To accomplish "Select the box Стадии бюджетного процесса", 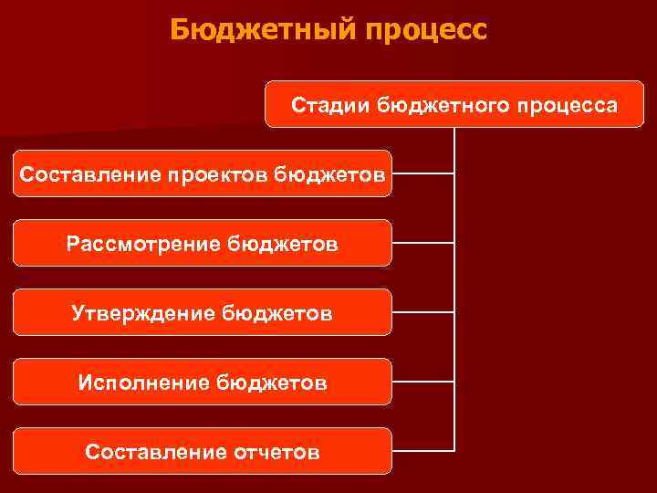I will coord(454,104).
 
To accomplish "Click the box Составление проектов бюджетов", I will coord(202,173).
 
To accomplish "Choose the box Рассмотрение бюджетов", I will coord(202,243).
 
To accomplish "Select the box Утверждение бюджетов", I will coord(202,313).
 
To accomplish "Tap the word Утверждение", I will coord(143,313).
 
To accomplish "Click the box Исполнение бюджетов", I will coord(202,383).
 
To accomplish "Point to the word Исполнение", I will coord(143,383).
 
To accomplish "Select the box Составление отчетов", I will coord(202,451).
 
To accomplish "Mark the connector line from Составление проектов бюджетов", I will coord(422,173).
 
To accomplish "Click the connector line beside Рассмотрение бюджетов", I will coord(422,243).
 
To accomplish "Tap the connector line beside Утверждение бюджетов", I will coord(422,312).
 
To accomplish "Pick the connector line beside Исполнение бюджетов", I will coord(422,382).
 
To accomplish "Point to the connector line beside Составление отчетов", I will coord(422,450).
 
